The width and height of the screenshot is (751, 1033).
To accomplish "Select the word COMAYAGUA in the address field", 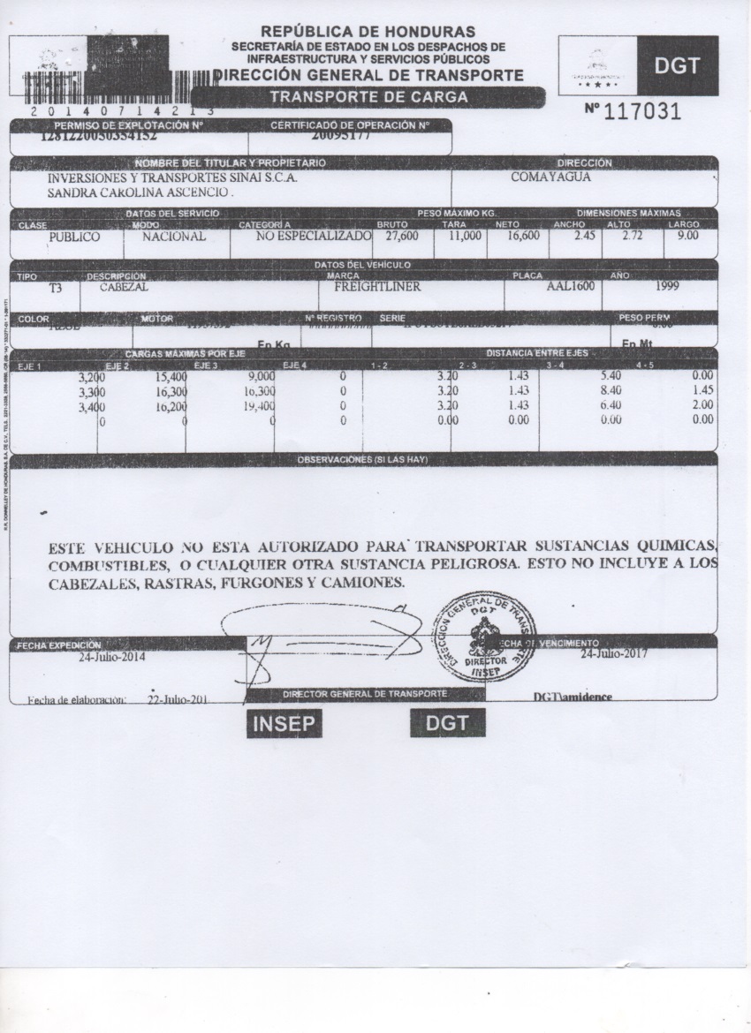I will [550, 177].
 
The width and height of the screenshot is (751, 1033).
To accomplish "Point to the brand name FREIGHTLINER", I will [377, 287].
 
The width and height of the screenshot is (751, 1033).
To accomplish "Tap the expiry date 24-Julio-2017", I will [616, 655].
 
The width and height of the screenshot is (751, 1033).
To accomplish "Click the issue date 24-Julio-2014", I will [112, 657].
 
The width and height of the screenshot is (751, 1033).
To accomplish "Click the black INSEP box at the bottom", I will [284, 723].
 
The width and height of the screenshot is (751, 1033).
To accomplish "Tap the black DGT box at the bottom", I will [448, 723].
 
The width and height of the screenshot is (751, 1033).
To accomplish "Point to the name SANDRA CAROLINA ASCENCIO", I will [139, 191].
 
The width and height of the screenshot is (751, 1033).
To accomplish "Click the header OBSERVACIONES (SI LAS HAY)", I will [363, 460].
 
